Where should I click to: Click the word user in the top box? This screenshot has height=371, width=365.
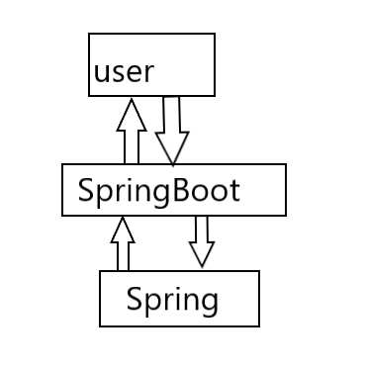pyautogui.click(x=124, y=72)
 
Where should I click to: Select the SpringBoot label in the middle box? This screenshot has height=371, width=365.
pyautogui.click(x=158, y=189)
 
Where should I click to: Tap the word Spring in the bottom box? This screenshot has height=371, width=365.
pyautogui.click(x=172, y=298)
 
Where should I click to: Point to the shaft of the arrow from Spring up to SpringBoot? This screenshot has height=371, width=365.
pyautogui.click(x=123, y=256)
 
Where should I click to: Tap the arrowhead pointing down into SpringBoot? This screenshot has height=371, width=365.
pyautogui.click(x=172, y=149)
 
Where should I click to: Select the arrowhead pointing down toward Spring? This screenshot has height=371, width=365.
pyautogui.click(x=202, y=255)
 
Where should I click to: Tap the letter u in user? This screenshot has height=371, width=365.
pyautogui.click(x=102, y=73)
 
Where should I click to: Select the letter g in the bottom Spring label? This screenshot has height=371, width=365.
pyautogui.click(x=209, y=301)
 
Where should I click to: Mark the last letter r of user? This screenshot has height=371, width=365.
pyautogui.click(x=150, y=73)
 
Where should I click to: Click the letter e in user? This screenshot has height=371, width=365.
pyautogui.click(x=135, y=73)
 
